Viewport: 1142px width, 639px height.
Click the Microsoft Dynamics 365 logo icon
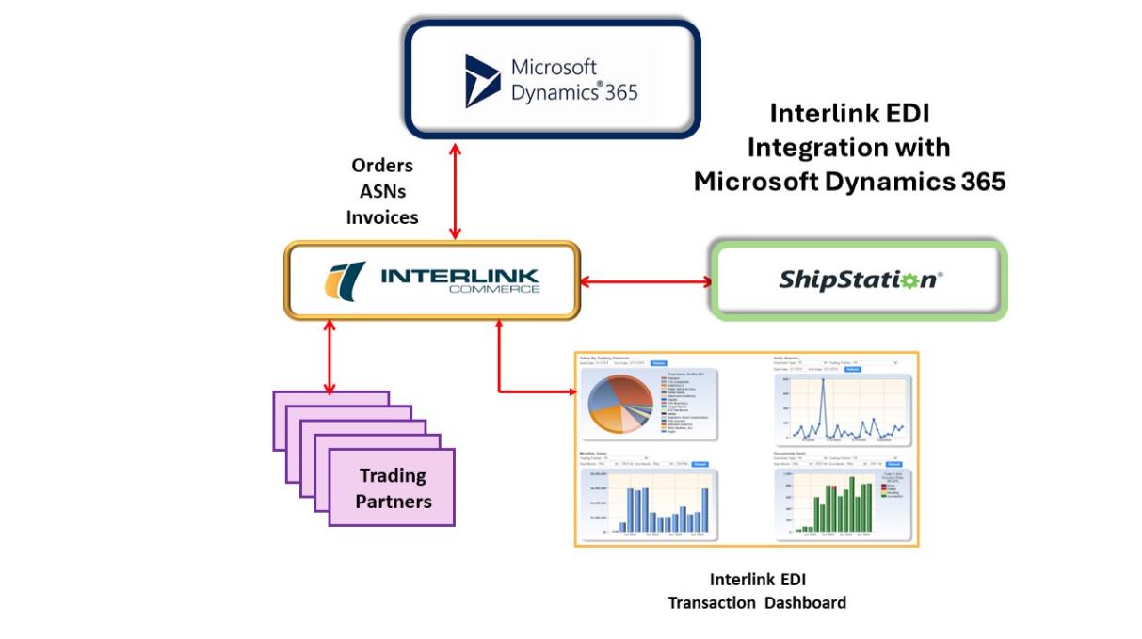pos(482,80)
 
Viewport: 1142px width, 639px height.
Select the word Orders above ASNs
pos(382,165)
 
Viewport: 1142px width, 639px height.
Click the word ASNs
pos(382,191)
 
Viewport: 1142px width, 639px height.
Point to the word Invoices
pos(382,217)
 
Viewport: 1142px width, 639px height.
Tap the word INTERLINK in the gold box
pos(459,275)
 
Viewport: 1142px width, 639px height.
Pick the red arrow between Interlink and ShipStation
pos(645,280)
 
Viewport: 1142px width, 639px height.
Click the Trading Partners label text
pos(393,488)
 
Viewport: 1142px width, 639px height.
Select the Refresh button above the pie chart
pos(659,363)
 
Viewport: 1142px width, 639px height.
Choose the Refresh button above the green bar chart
pos(893,464)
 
